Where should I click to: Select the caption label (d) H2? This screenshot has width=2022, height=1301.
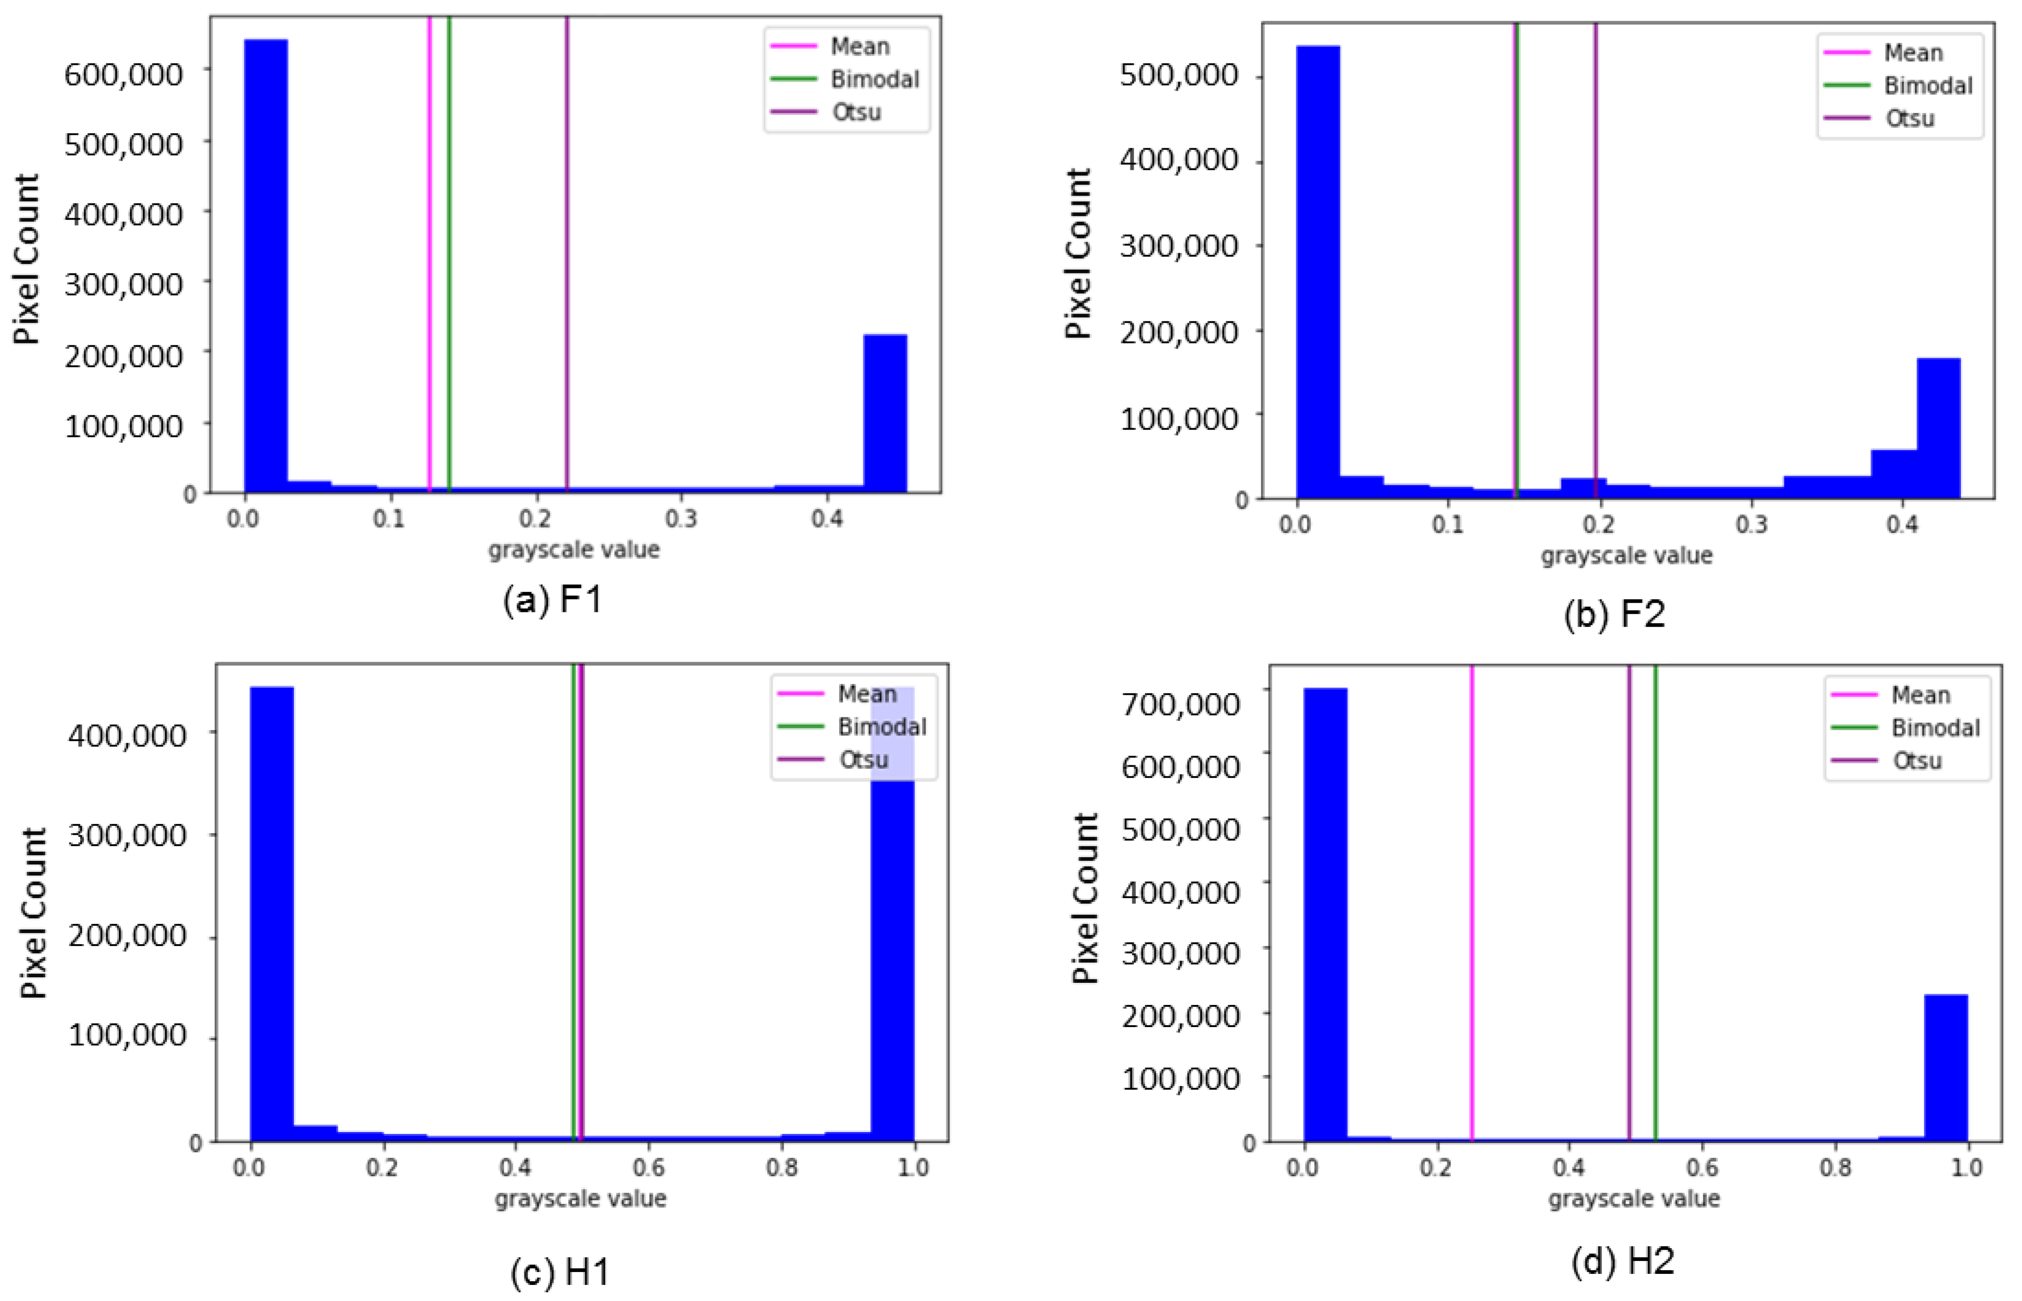click(1622, 1261)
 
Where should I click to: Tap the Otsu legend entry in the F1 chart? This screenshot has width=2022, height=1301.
click(855, 112)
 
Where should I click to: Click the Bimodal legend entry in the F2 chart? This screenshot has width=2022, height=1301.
click(1927, 85)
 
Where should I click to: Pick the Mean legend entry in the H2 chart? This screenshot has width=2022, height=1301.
click(1920, 695)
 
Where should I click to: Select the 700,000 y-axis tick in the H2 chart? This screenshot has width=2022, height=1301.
click(1180, 703)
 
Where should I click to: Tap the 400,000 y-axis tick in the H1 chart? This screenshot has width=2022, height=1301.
click(127, 735)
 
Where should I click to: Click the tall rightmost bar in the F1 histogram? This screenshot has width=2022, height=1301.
click(885, 414)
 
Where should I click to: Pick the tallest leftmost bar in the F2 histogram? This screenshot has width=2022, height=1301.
click(1317, 270)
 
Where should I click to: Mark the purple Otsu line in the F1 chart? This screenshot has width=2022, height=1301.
click(567, 254)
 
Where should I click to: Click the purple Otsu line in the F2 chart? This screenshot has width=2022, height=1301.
click(1595, 254)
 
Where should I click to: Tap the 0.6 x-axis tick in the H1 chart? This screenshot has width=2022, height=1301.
click(648, 1168)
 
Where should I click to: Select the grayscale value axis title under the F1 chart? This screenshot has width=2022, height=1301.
click(574, 550)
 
